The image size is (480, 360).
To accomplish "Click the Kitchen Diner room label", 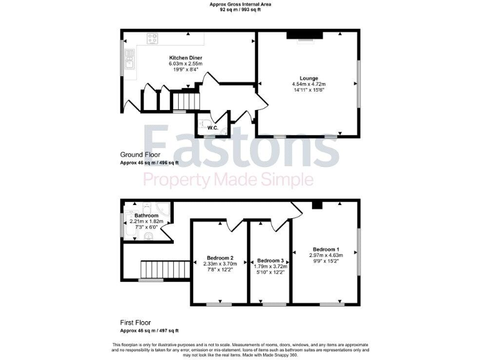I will click(185, 57).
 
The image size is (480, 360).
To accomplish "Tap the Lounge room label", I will click(308, 78).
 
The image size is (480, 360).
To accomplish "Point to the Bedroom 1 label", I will click(326, 248).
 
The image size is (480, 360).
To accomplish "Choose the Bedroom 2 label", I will click(219, 258).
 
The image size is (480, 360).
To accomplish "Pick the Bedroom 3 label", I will click(270, 260).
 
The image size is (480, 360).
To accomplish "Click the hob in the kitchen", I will click(154, 39).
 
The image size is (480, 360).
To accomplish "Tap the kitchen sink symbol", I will click(130, 59).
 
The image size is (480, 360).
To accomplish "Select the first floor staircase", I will click(164, 269).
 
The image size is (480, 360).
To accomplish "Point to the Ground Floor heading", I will click(139, 154).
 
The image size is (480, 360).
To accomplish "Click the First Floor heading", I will click(137, 322).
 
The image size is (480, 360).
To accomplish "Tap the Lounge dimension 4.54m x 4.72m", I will click(309, 84).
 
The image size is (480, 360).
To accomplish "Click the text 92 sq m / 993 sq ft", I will click(239, 11).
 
